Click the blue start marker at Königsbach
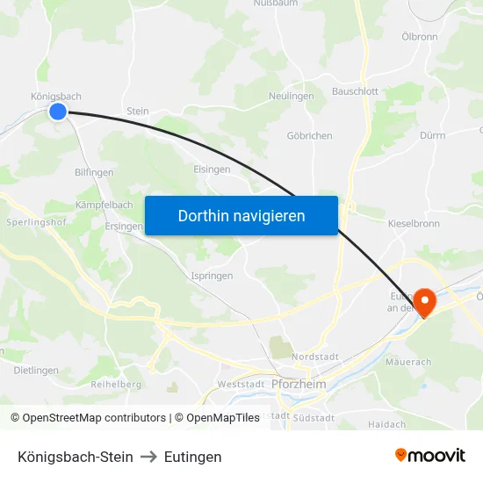tap(58, 112)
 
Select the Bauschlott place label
tap(355, 91)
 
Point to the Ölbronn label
tap(419, 37)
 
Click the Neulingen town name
tap(291, 97)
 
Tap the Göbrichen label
tap(309, 136)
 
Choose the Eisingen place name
tap(212, 169)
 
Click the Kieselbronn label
tap(414, 224)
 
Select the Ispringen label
tap(212, 276)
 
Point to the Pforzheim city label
tap(299, 385)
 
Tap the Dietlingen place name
tap(36, 371)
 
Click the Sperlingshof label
tap(37, 223)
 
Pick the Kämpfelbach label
tap(105, 205)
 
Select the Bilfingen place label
tap(94, 173)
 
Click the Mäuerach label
tap(408, 362)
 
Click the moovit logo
tap(430, 456)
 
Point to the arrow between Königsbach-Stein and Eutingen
tap(148, 457)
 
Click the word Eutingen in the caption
tap(192, 457)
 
